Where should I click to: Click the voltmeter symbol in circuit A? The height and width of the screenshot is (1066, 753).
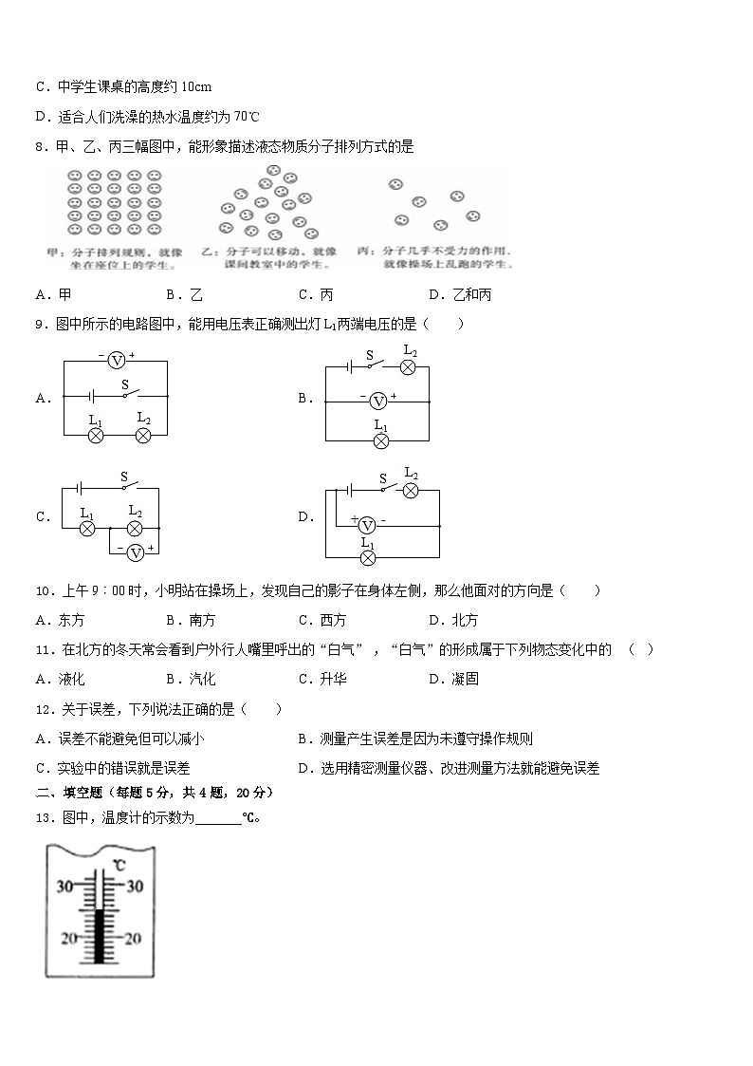point(116,360)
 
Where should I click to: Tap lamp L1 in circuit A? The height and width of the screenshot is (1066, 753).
point(96,436)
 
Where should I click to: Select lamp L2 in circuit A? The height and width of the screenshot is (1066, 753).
point(143,436)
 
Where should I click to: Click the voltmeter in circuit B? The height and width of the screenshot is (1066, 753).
point(376,401)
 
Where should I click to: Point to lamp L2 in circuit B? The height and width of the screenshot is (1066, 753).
point(409,367)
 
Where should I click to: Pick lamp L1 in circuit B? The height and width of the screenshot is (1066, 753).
point(380,441)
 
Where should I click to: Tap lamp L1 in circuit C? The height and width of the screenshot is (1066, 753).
point(87,528)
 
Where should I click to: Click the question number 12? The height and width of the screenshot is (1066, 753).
point(42,709)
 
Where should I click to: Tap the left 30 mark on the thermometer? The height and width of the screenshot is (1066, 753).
point(65,887)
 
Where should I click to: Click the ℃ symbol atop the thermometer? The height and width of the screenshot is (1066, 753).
point(119,865)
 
